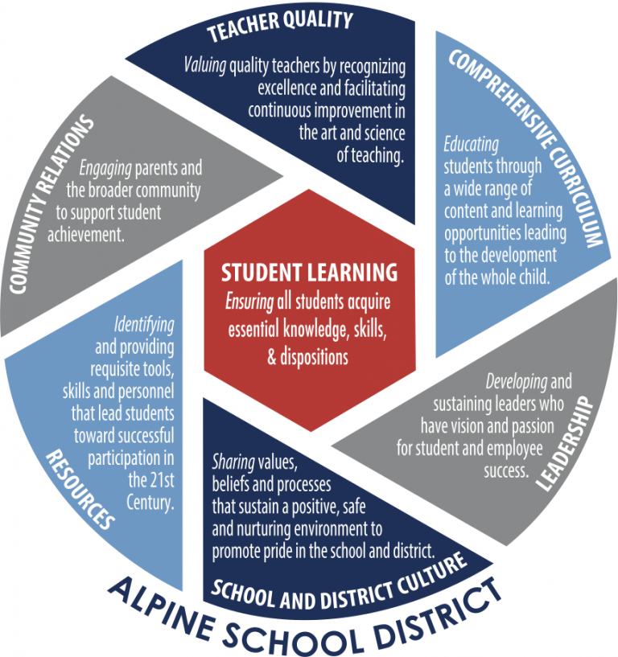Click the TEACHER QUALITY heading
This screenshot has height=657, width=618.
click(x=280, y=25)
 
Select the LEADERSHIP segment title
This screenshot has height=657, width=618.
click(x=565, y=444)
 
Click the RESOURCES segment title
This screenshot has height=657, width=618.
click(x=80, y=490)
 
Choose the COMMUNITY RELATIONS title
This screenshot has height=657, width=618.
click(x=51, y=204)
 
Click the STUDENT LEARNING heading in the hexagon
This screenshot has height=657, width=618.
click(x=310, y=273)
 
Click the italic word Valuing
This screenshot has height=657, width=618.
click(x=205, y=66)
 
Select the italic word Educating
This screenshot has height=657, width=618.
click(x=472, y=144)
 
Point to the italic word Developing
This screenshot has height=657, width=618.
click(x=517, y=382)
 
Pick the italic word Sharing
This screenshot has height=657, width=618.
click(x=233, y=462)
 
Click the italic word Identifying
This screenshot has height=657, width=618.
click(x=144, y=325)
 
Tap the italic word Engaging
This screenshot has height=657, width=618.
click(x=105, y=168)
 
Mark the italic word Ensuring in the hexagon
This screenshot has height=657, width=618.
click(x=249, y=302)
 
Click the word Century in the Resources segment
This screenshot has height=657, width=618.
click(x=150, y=503)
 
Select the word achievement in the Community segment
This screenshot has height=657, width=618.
click(x=86, y=235)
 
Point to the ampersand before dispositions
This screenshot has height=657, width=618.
click(x=272, y=357)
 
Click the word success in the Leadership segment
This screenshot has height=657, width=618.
click(x=506, y=471)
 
